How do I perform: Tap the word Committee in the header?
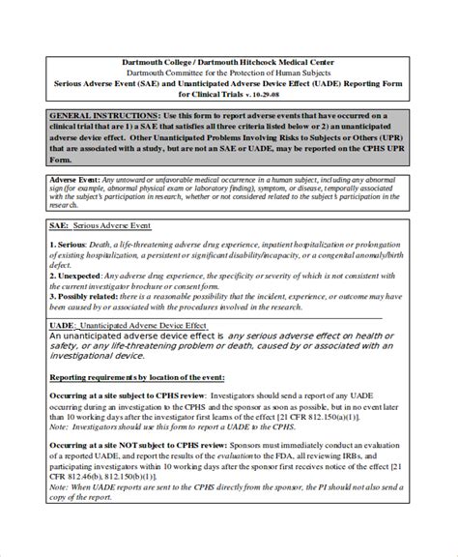(192, 73)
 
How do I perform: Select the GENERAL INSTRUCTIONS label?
(91, 115)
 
